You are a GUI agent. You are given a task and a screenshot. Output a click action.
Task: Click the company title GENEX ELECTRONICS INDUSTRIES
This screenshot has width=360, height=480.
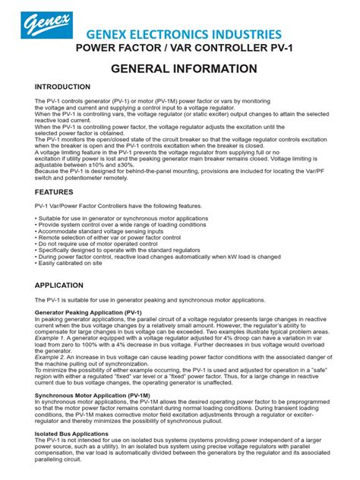187,35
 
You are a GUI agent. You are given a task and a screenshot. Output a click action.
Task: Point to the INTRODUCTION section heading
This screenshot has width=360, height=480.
62,87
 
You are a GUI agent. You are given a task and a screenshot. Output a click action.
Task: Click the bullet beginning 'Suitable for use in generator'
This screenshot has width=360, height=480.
122,218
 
